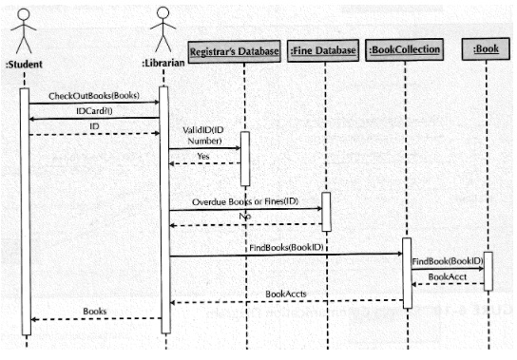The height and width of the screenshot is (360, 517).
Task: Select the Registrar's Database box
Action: pos(234,50)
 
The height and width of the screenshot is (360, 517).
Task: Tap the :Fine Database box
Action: pos(323,50)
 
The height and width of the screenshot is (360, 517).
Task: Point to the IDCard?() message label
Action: pos(93,111)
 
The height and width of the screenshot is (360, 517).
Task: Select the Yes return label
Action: pos(203,156)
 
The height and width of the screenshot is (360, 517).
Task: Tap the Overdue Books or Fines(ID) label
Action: pos(244,202)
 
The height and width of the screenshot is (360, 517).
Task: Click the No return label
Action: pos(244,218)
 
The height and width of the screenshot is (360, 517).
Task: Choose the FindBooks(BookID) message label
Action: pos(285,247)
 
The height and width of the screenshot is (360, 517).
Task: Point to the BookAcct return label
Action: pos(447,276)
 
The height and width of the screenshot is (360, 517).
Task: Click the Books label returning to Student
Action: pos(95,311)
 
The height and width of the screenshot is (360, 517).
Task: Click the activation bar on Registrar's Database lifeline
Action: pos(244,159)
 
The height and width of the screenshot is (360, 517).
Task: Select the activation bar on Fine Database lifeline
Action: pos(326,212)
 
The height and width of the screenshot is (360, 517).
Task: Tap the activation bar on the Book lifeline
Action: pos(488,272)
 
